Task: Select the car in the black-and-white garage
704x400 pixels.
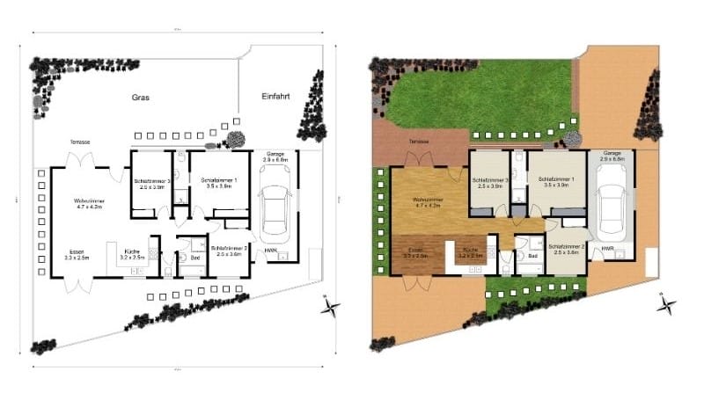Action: coord(275,208)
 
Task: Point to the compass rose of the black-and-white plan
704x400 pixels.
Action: coord(332,307)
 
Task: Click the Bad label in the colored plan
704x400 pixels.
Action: coord(533,257)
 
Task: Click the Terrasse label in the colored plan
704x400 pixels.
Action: coord(418,142)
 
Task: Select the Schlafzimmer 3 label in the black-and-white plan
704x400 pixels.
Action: coord(150,183)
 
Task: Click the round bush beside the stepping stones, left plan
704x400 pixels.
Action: coord(235,139)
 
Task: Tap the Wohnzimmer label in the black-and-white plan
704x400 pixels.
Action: coord(88,204)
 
